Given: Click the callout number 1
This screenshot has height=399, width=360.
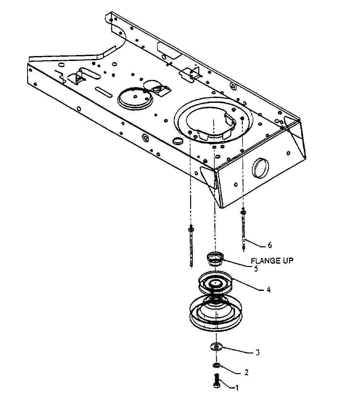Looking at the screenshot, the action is [x=237, y=388].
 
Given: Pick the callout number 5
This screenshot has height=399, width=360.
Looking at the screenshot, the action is [x=256, y=269].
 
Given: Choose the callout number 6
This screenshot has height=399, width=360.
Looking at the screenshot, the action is [x=270, y=245].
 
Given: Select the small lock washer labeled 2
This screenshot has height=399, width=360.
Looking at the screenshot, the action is [x=216, y=365].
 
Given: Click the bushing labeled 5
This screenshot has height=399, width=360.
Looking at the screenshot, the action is [x=215, y=259].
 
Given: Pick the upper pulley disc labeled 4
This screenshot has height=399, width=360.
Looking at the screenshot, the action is [x=216, y=284].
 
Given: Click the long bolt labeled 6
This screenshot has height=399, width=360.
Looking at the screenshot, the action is [x=243, y=229].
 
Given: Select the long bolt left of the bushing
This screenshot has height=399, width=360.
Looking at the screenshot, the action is [x=191, y=246].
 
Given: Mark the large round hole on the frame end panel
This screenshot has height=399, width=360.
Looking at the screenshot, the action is [x=260, y=168].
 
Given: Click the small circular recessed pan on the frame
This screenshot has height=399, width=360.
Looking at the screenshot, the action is [x=135, y=99].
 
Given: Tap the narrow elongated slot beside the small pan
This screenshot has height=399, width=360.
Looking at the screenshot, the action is [x=103, y=92].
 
